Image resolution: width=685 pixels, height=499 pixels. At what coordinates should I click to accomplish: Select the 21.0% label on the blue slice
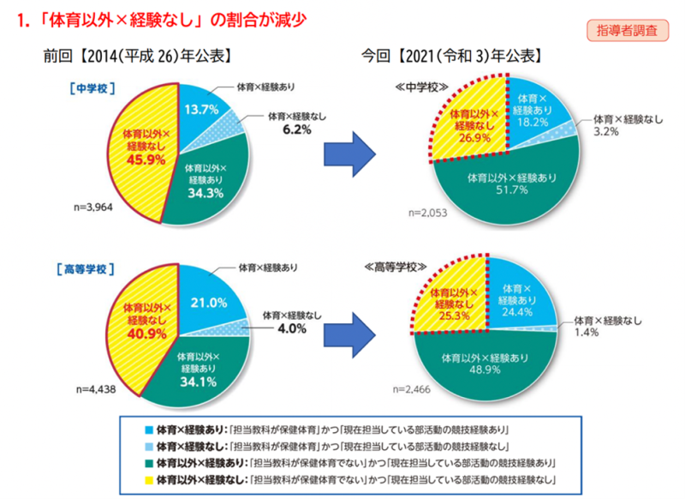point(208,302)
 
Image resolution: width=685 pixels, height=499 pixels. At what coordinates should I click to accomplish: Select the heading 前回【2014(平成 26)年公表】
point(140,57)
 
